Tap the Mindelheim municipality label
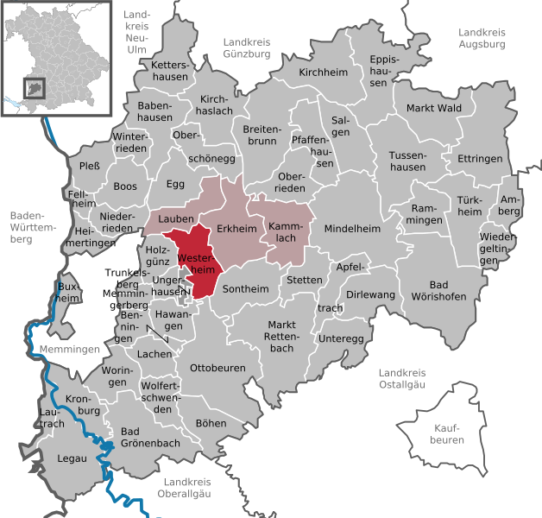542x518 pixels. (351, 229)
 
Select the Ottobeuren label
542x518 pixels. (217, 368)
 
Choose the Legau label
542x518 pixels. (72, 458)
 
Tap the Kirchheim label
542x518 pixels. (320, 73)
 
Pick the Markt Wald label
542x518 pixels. (434, 108)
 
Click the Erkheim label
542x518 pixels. (237, 228)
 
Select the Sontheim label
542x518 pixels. (246, 291)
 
